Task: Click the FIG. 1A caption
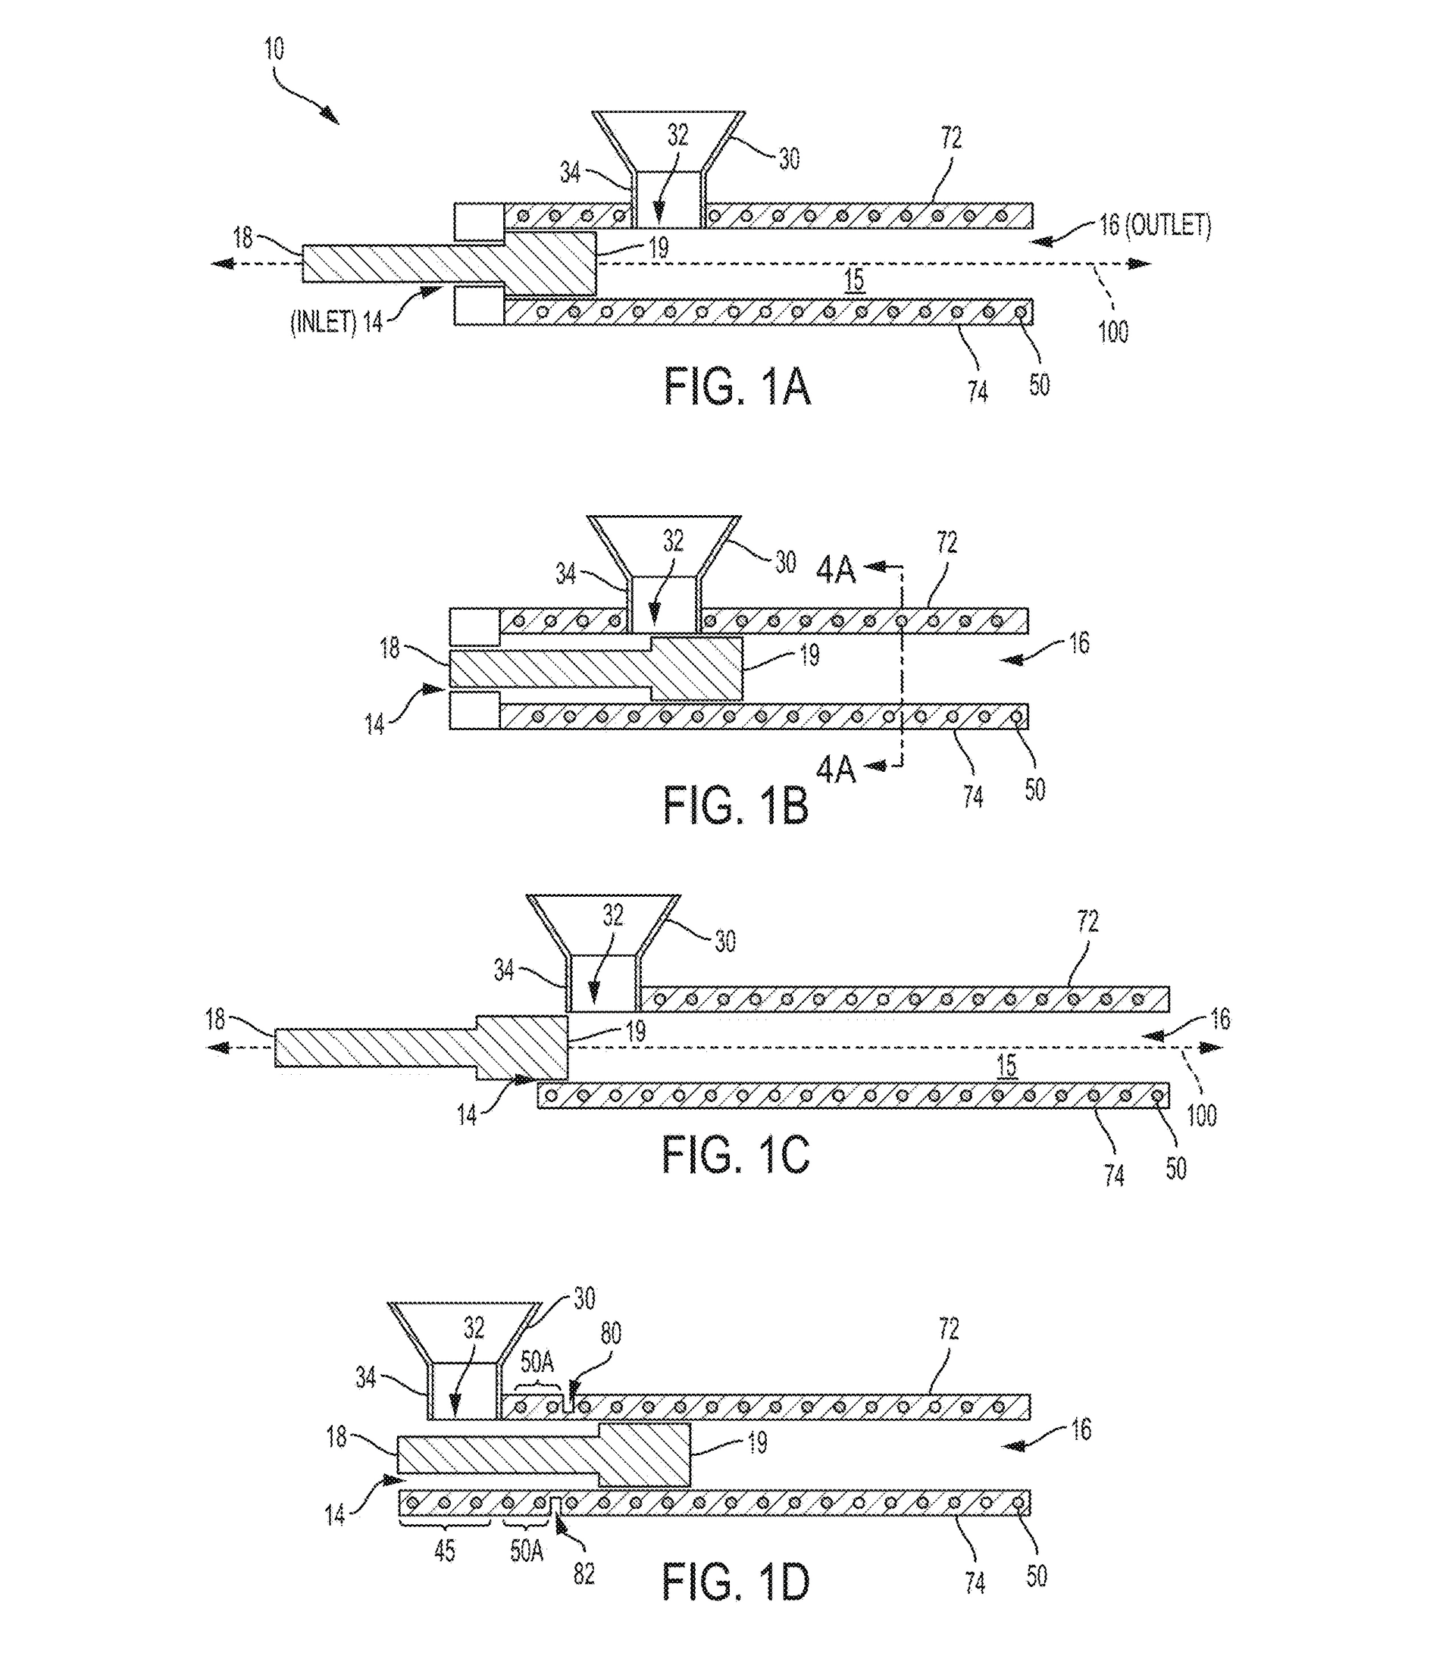click(x=737, y=386)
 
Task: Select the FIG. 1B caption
click(x=735, y=805)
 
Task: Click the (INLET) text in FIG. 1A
click(x=323, y=323)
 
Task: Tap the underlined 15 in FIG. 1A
click(x=854, y=281)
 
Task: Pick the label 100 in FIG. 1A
click(x=1112, y=331)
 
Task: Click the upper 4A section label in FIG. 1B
click(x=837, y=570)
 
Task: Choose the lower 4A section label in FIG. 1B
click(x=837, y=769)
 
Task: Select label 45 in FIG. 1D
click(x=444, y=1551)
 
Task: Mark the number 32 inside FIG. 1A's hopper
click(x=678, y=136)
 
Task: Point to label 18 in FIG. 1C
click(x=215, y=1020)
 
